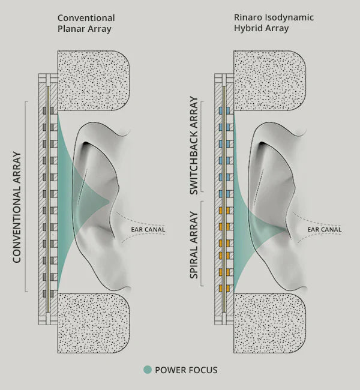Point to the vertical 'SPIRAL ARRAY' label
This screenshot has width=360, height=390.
tap(193, 244)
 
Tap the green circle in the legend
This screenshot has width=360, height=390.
tap(148, 370)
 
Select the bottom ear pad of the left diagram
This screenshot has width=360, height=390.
tap(93, 324)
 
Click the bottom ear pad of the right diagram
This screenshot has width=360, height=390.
tap(269, 324)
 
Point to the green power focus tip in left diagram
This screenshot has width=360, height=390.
tap(107, 200)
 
